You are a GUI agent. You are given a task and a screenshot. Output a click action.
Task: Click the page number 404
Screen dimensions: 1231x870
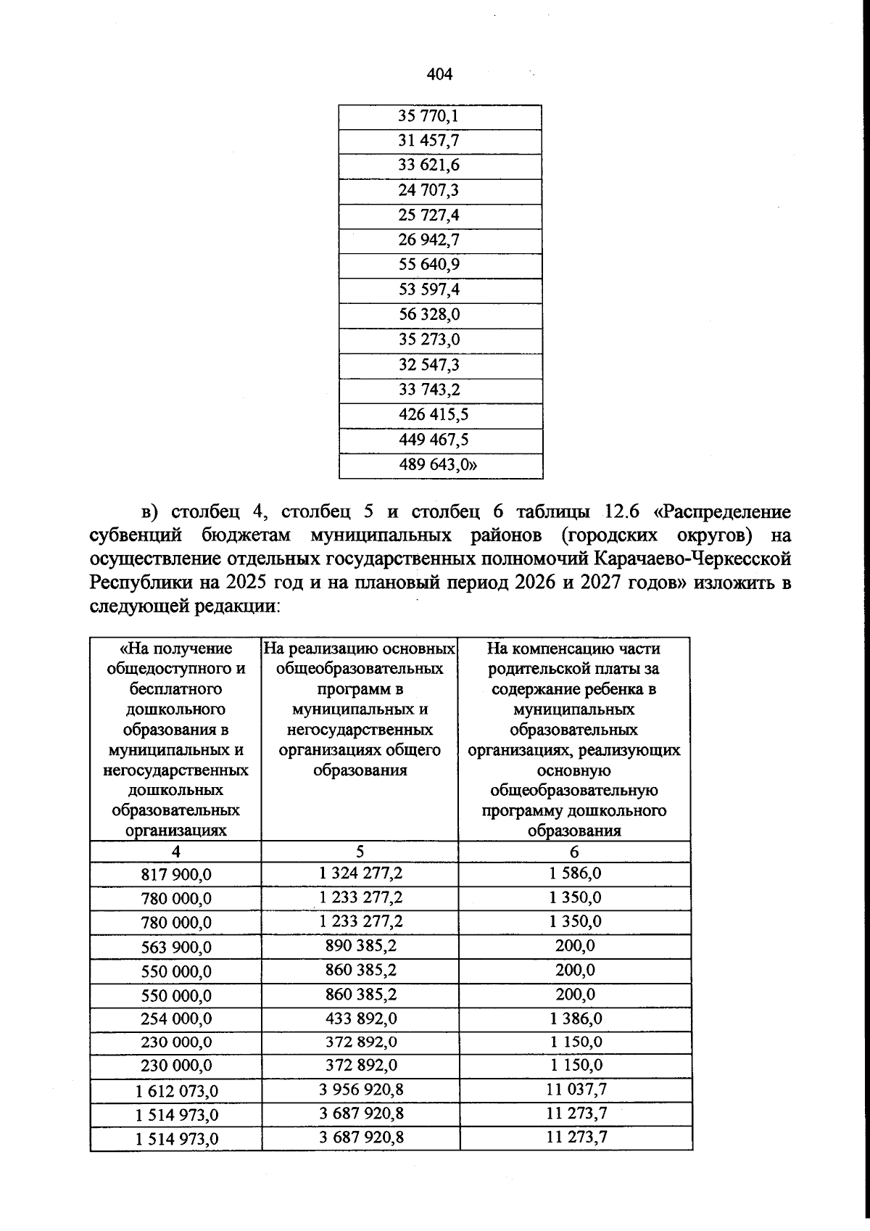(440, 74)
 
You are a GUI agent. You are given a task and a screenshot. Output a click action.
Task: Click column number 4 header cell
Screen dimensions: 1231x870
(176, 852)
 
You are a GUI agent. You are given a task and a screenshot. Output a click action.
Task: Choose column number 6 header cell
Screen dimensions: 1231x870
(574, 852)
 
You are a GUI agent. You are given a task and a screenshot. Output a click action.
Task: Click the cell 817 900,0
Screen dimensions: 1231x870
(176, 875)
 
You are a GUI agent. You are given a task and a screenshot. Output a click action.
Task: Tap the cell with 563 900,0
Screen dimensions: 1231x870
(176, 947)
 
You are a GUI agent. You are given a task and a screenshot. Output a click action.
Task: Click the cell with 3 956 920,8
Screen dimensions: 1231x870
(360, 1090)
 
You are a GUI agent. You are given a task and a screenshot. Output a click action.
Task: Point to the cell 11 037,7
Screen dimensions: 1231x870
(576, 1090)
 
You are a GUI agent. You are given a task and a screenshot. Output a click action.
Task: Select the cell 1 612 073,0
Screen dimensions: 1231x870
(176, 1092)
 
